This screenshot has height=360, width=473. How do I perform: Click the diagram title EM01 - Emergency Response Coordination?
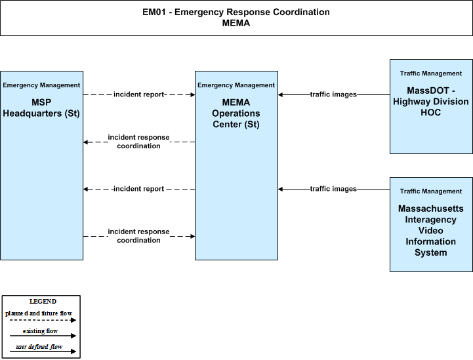click(x=236, y=12)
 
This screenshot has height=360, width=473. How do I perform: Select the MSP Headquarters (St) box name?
click(x=41, y=108)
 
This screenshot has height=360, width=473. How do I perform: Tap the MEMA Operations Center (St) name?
click(x=236, y=113)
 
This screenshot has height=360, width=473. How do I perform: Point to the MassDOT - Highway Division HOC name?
click(x=431, y=102)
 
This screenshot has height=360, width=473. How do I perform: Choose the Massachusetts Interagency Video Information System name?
click(x=431, y=231)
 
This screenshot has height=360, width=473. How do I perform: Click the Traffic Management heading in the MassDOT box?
click(x=431, y=73)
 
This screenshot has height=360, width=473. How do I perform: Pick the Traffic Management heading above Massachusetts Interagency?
click(x=431, y=191)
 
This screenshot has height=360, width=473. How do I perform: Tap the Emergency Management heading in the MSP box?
click(x=41, y=85)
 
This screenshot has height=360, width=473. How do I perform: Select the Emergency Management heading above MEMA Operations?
click(x=236, y=85)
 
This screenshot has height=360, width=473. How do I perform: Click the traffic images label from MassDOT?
click(x=333, y=94)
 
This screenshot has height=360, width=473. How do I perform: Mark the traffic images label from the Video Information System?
click(x=333, y=189)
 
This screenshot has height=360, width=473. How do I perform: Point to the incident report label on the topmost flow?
click(x=139, y=94)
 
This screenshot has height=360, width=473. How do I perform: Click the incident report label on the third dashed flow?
click(x=139, y=189)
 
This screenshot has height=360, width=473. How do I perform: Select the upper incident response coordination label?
click(x=139, y=142)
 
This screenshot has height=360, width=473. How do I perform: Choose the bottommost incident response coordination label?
click(x=139, y=236)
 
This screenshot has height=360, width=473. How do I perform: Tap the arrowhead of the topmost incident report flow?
click(x=193, y=94)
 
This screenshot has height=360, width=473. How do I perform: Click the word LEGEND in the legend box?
click(x=43, y=302)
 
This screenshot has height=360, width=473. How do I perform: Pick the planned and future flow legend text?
click(x=39, y=313)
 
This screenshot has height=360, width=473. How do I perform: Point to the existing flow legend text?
click(x=40, y=331)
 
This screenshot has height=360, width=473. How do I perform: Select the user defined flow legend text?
click(x=39, y=347)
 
